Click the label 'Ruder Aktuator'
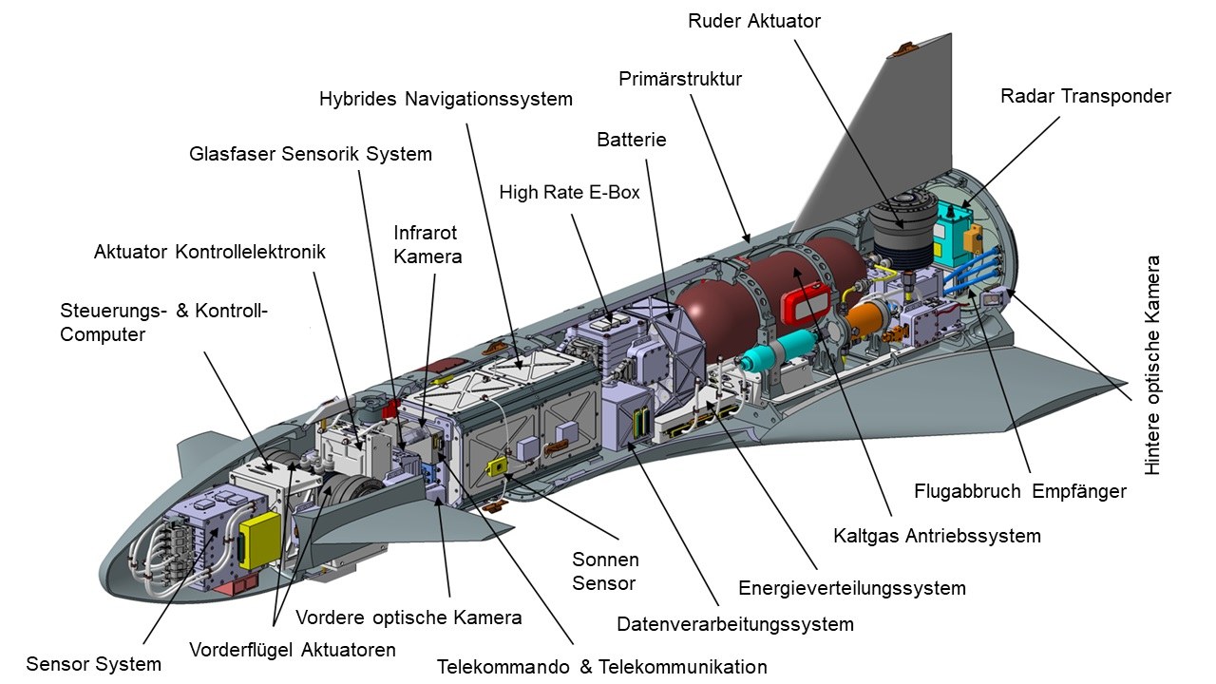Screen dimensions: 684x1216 (753, 21)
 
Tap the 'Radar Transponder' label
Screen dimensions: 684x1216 (1085, 96)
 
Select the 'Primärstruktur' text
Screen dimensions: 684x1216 (679, 79)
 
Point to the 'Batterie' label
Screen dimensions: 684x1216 (632, 140)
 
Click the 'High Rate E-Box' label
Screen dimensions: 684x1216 (569, 193)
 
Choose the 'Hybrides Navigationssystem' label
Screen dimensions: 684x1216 (446, 99)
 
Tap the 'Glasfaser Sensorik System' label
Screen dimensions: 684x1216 (310, 153)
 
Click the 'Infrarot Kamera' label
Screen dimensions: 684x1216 (427, 244)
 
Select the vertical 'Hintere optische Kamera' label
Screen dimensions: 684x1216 (1153, 366)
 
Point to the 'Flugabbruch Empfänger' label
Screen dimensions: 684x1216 (1019, 491)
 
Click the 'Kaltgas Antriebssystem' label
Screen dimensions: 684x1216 (937, 536)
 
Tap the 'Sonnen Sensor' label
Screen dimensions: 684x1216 (605, 571)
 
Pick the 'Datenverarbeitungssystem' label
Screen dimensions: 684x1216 (734, 624)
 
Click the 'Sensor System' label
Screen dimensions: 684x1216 (93, 664)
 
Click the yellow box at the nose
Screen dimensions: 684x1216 (259, 541)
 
